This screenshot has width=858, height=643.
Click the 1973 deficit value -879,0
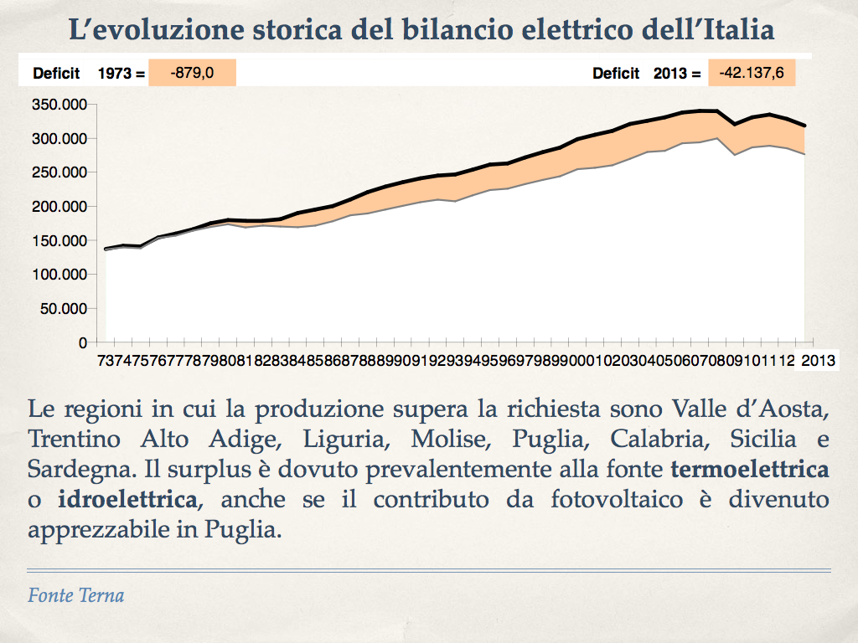pyautogui.click(x=192, y=73)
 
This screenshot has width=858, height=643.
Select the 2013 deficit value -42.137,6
pyautogui.click(x=751, y=73)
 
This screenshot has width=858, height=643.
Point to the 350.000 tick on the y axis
pyautogui.click(x=59, y=105)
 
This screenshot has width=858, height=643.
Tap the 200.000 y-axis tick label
pyautogui.click(x=59, y=207)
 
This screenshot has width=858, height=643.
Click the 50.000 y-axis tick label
pyautogui.click(x=63, y=309)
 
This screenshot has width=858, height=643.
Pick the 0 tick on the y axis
pyautogui.click(x=83, y=342)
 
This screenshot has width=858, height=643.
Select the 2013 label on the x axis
pyautogui.click(x=819, y=361)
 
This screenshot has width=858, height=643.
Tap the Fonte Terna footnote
pyautogui.click(x=76, y=596)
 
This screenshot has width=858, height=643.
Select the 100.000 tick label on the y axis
pyautogui.click(x=59, y=275)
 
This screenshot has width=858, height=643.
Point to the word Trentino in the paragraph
pyautogui.click(x=74, y=439)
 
